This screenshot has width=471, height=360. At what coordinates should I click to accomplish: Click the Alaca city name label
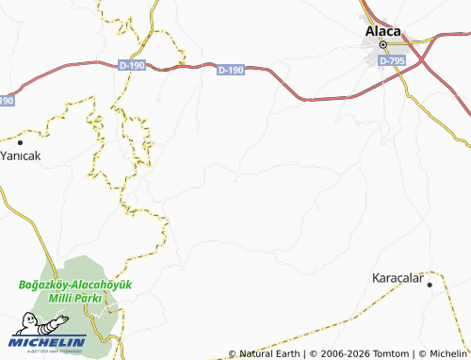tap(383, 29)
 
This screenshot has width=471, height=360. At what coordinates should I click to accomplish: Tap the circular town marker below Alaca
tap(383, 44)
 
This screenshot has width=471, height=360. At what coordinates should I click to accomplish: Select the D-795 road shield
tap(392, 59)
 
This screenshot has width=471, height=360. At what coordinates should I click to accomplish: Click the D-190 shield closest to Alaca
tap(230, 70)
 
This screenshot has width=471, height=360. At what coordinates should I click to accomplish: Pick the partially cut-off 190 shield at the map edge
tap(6, 99)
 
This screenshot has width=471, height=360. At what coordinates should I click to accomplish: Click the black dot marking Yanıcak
tap(20, 141)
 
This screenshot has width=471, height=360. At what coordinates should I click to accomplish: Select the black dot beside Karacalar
tap(430, 284)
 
